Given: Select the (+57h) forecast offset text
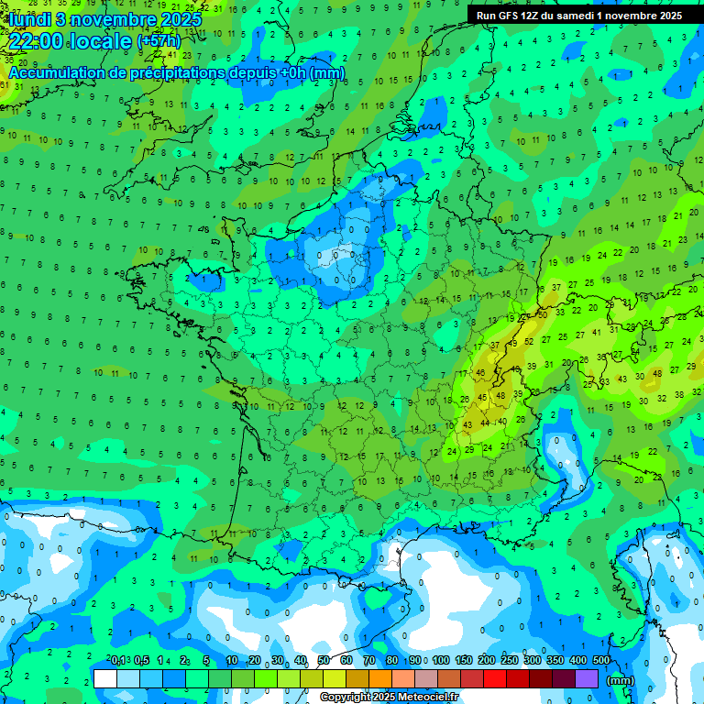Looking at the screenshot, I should tap(159, 41).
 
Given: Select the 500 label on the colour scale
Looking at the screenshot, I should tap(601, 661).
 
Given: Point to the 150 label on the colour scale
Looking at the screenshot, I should tap(464, 661).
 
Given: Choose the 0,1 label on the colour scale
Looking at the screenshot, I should tap(119, 661).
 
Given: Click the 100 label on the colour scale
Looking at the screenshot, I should tap(441, 661).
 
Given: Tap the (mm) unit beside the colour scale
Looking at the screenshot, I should tap(621, 680).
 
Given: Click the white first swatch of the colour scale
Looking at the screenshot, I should tap(105, 678).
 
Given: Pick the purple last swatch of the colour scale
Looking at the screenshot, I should tap(587, 678).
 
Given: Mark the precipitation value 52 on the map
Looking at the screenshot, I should tap(529, 341).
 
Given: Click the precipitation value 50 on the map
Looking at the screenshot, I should tap(543, 313).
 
